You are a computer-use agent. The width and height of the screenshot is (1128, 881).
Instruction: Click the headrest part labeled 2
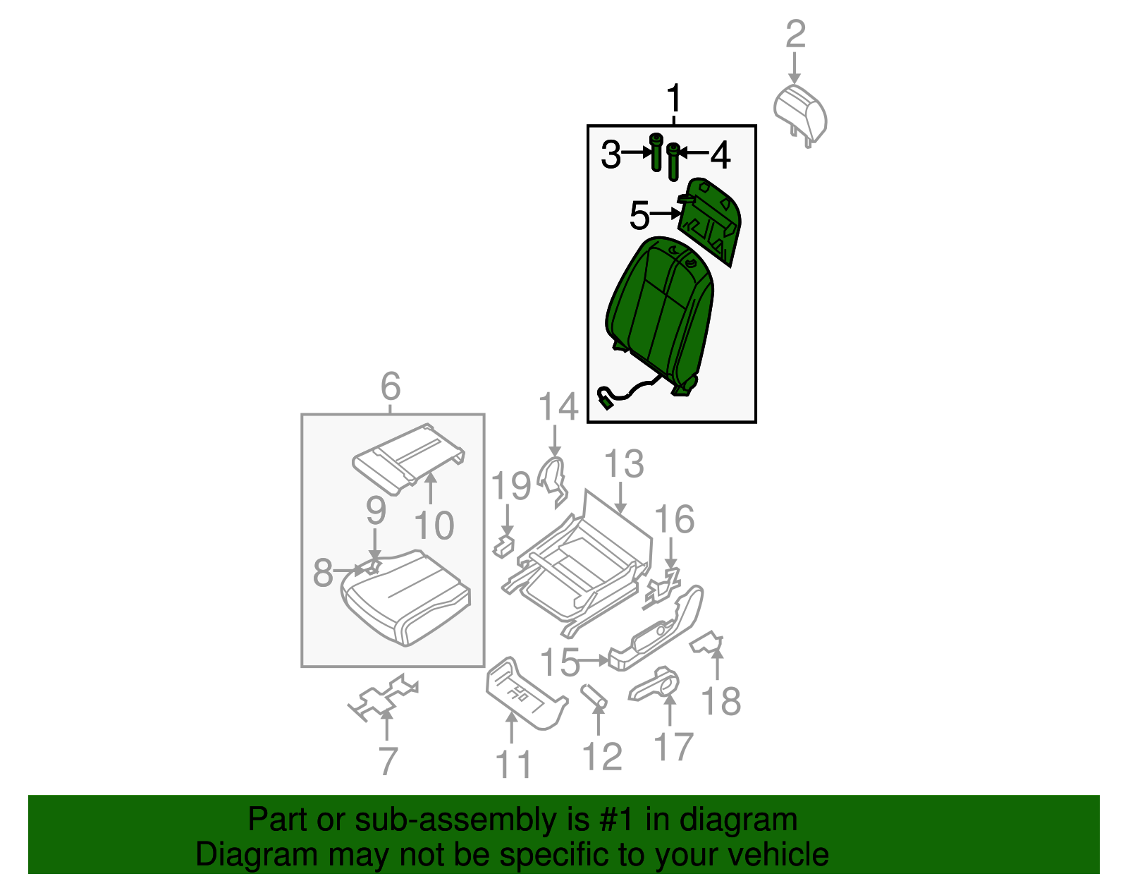point(800,113)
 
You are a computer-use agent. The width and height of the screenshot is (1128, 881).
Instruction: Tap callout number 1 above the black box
point(674,99)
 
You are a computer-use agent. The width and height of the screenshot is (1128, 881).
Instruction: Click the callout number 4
point(720,155)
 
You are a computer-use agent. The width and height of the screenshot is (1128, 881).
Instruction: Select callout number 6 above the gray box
point(391,387)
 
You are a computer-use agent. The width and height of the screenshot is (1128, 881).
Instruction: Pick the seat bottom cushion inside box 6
point(405,600)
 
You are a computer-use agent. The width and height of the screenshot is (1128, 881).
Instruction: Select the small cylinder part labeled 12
point(594,696)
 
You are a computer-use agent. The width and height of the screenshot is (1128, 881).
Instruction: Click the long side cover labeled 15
point(656,628)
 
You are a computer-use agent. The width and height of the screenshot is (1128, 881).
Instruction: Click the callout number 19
point(511,487)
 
